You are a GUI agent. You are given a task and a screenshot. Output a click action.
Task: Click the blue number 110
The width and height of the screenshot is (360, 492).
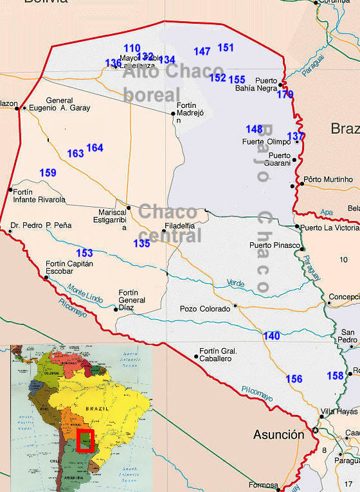(x=132, y=48)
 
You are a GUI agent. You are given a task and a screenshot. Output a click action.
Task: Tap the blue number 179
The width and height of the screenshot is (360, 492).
(x=285, y=94)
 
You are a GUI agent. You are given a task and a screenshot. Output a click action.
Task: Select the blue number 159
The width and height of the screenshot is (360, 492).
(x=48, y=173)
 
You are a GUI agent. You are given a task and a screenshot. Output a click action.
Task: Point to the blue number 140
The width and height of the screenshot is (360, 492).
(x=271, y=336)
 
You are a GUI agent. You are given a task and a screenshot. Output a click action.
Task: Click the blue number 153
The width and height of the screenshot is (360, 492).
(x=84, y=253)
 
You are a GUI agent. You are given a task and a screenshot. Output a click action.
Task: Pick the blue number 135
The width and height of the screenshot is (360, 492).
(x=141, y=243)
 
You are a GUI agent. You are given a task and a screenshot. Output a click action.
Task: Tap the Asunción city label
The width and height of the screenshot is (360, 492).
(x=278, y=435)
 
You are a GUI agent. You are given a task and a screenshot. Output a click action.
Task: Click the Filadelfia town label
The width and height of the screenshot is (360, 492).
(x=180, y=226)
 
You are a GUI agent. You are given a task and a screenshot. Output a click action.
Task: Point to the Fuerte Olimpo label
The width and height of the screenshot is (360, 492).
(x=266, y=141)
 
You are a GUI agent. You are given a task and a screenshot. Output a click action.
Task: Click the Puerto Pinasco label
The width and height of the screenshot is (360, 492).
(x=274, y=245)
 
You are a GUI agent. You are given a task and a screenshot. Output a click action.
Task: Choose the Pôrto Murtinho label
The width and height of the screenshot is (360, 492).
(x=328, y=179)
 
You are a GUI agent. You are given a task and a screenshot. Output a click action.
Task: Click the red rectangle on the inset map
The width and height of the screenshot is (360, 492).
(x=85, y=441)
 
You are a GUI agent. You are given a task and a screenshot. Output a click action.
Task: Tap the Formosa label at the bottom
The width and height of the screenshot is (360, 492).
(x=264, y=485)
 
